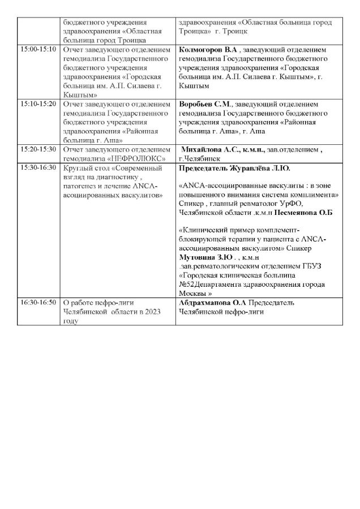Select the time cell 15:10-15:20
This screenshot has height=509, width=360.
[38, 105]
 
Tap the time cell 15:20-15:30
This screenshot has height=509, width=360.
[38, 149]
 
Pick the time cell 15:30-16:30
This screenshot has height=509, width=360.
[38, 168]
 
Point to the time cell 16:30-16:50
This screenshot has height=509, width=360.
[38, 303]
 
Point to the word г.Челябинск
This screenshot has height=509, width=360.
[200, 159]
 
